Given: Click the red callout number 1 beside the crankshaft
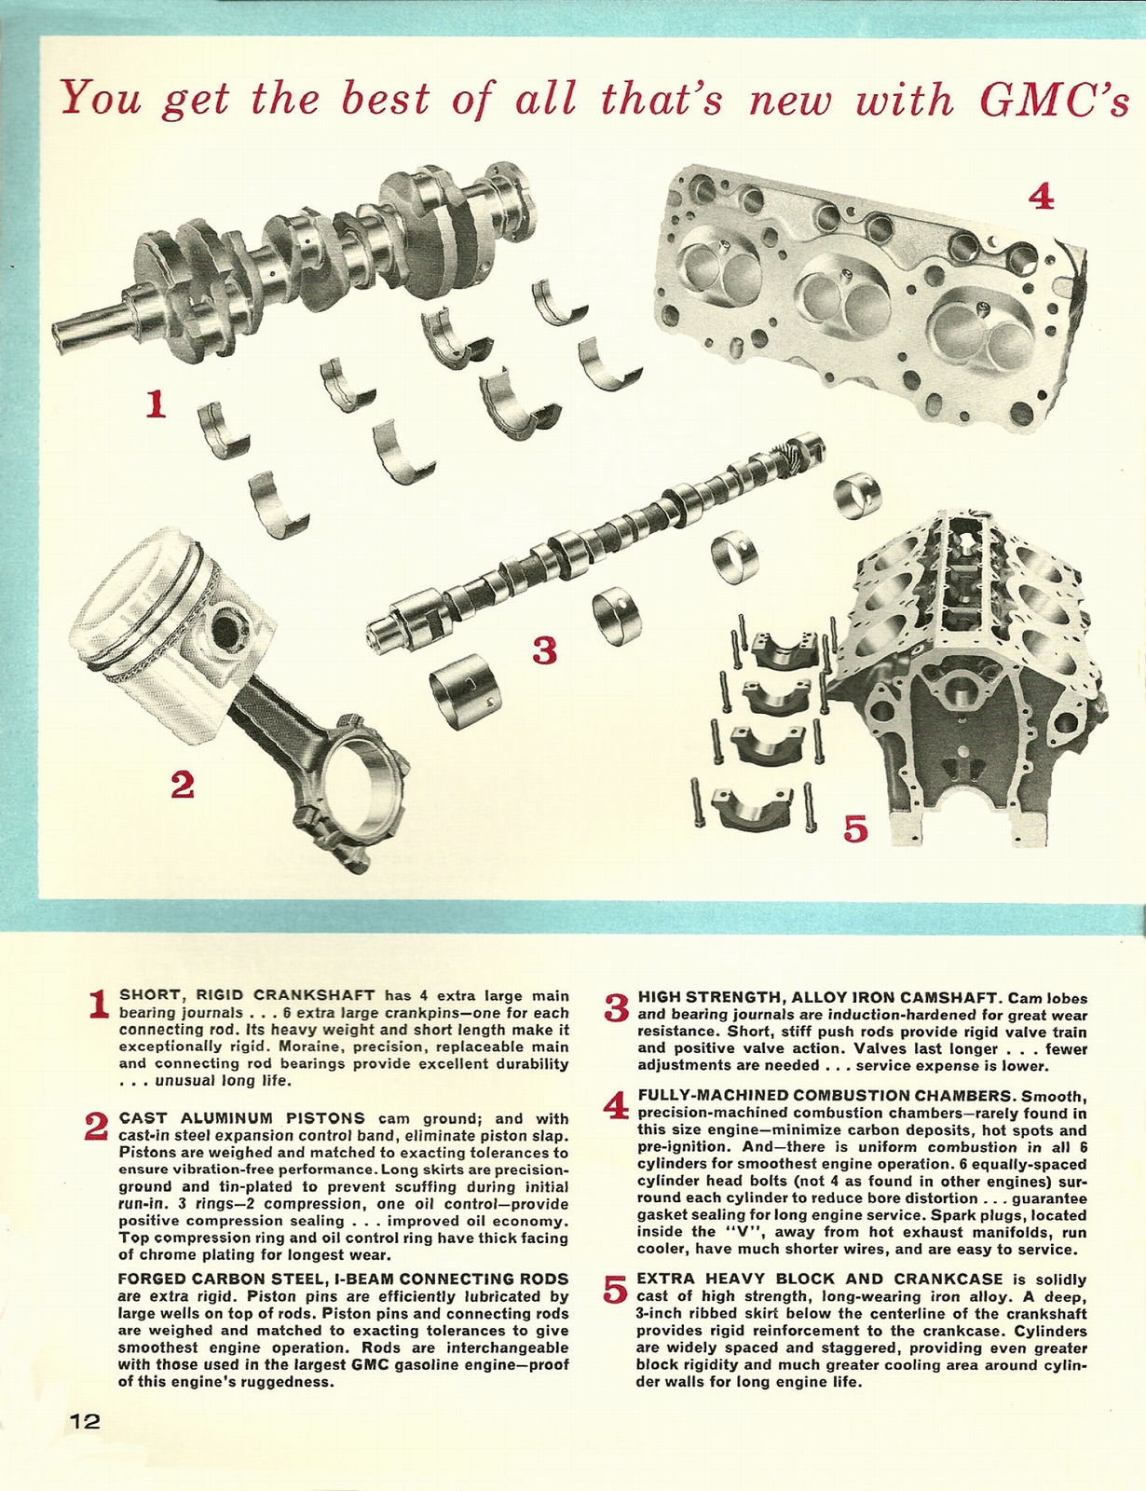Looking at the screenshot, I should point(156,404).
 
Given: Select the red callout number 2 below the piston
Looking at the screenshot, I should point(182,787).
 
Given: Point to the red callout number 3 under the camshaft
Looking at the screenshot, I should point(544,650).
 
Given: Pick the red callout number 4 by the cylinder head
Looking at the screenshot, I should point(1041,197).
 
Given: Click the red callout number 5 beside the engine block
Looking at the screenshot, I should point(854,827).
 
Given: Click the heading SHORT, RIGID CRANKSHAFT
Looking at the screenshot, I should point(248,995).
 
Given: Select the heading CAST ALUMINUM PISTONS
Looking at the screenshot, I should point(242,1118).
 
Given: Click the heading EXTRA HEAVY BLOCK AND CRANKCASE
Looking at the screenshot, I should point(820,1279).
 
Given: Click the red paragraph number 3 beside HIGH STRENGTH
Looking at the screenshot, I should point(617,1008).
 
